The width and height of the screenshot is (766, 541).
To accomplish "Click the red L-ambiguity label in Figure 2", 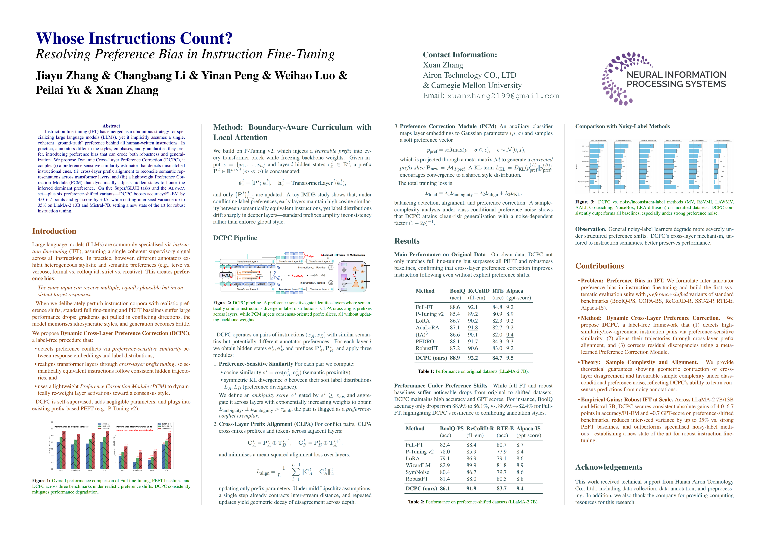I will coord(298,276).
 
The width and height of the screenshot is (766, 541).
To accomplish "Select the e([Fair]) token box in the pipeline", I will coord(249,267).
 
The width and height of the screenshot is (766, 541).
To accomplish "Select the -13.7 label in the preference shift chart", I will coord(140,451).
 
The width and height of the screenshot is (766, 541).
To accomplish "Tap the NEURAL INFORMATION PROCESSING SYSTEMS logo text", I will coord(676,79).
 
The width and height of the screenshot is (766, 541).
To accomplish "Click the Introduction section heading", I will coord(54,231).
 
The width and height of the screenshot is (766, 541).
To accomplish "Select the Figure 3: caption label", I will coord(584,202).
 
